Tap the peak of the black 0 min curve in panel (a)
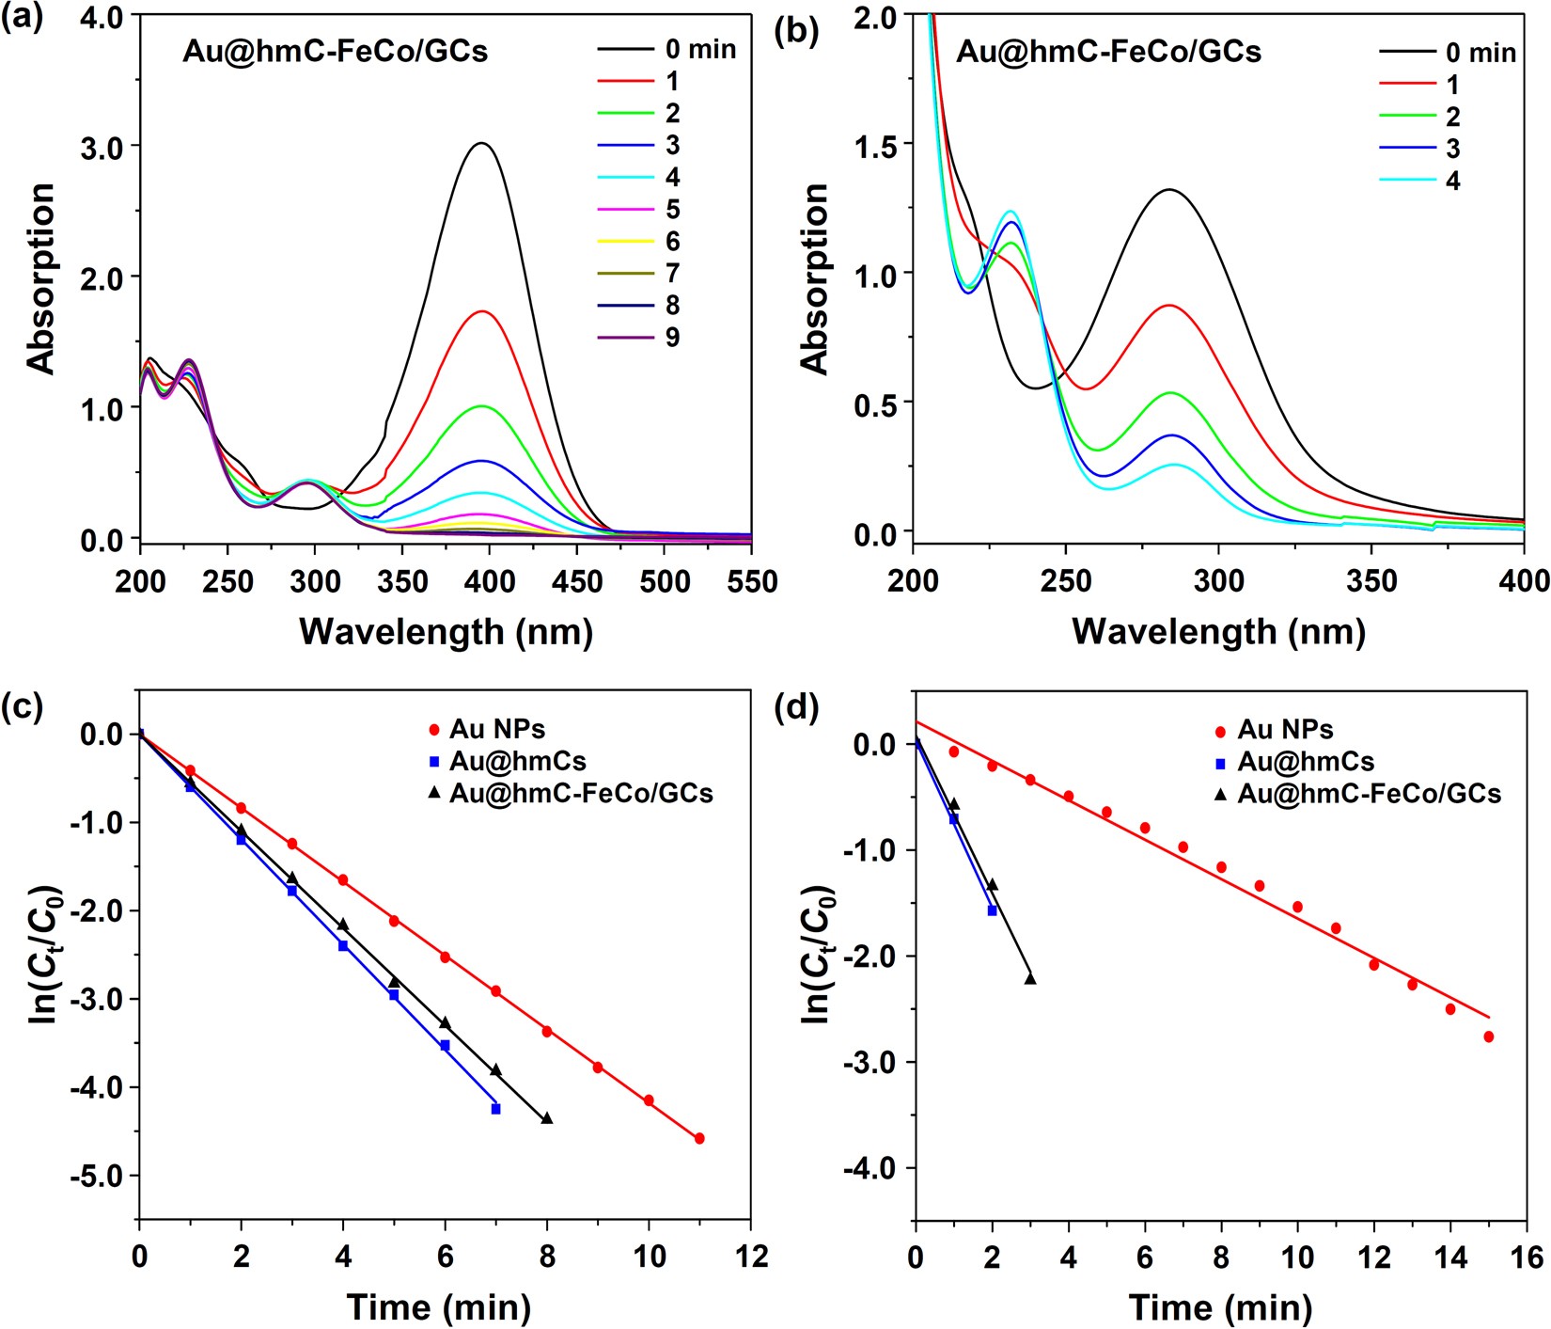(482, 144)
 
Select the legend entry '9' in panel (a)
(671, 337)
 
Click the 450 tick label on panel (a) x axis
(576, 583)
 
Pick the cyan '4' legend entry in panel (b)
(1452, 181)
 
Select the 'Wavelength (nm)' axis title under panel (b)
(1218, 631)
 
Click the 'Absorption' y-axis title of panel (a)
(41, 279)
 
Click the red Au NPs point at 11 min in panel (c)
(699, 1138)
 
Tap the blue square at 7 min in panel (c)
(495, 1109)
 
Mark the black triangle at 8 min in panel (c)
(547, 1118)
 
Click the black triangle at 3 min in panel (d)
(1030, 978)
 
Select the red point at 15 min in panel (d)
(1489, 1036)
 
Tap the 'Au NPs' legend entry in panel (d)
(1284, 730)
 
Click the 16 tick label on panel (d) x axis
(1527, 1258)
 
